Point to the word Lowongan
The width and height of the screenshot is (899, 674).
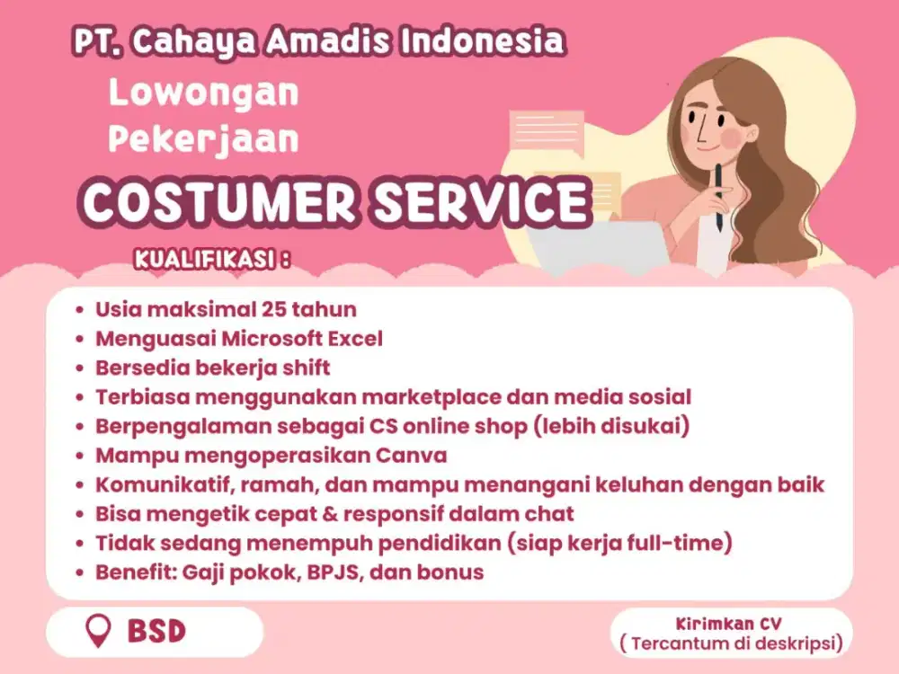pyautogui.click(x=203, y=93)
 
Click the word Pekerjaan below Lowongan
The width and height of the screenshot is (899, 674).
pyautogui.click(x=203, y=140)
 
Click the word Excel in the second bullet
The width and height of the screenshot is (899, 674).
pyautogui.click(x=355, y=339)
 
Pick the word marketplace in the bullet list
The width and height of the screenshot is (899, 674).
pyautogui.click(x=440, y=396)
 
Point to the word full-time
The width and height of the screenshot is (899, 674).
pyautogui.click(x=684, y=543)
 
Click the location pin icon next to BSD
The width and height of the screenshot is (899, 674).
pyautogui.click(x=97, y=631)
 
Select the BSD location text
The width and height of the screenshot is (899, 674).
pyautogui.click(x=156, y=631)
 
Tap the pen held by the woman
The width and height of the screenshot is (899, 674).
pyautogui.click(x=718, y=198)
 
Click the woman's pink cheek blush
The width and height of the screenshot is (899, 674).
pyautogui.click(x=732, y=137)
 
